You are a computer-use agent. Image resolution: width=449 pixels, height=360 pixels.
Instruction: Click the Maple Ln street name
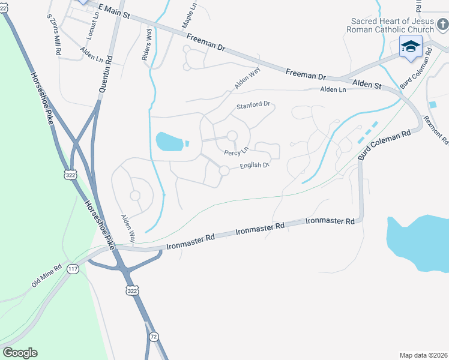click(x=188, y=19)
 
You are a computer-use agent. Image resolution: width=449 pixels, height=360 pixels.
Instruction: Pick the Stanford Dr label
click(x=254, y=106)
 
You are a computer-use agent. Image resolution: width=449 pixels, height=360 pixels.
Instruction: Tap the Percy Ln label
click(x=237, y=152)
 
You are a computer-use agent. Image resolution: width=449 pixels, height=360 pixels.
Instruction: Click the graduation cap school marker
click(x=411, y=47)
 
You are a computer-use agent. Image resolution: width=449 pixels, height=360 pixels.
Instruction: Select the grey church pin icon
click(x=442, y=24)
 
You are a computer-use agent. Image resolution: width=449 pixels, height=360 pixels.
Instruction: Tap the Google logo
click(x=20, y=353)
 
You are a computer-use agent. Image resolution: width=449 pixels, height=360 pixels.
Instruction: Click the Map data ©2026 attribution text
click(x=423, y=355)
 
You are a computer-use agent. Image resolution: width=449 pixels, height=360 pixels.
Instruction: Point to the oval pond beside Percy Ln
click(x=169, y=142)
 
